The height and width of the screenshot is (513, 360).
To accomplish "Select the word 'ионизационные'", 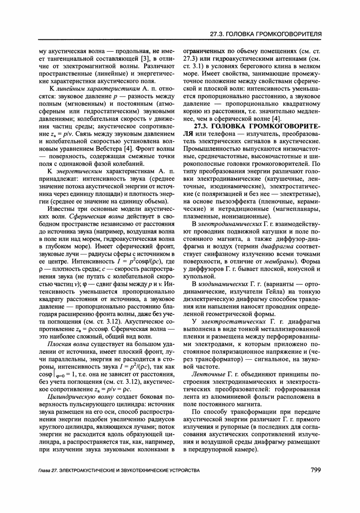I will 248,216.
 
